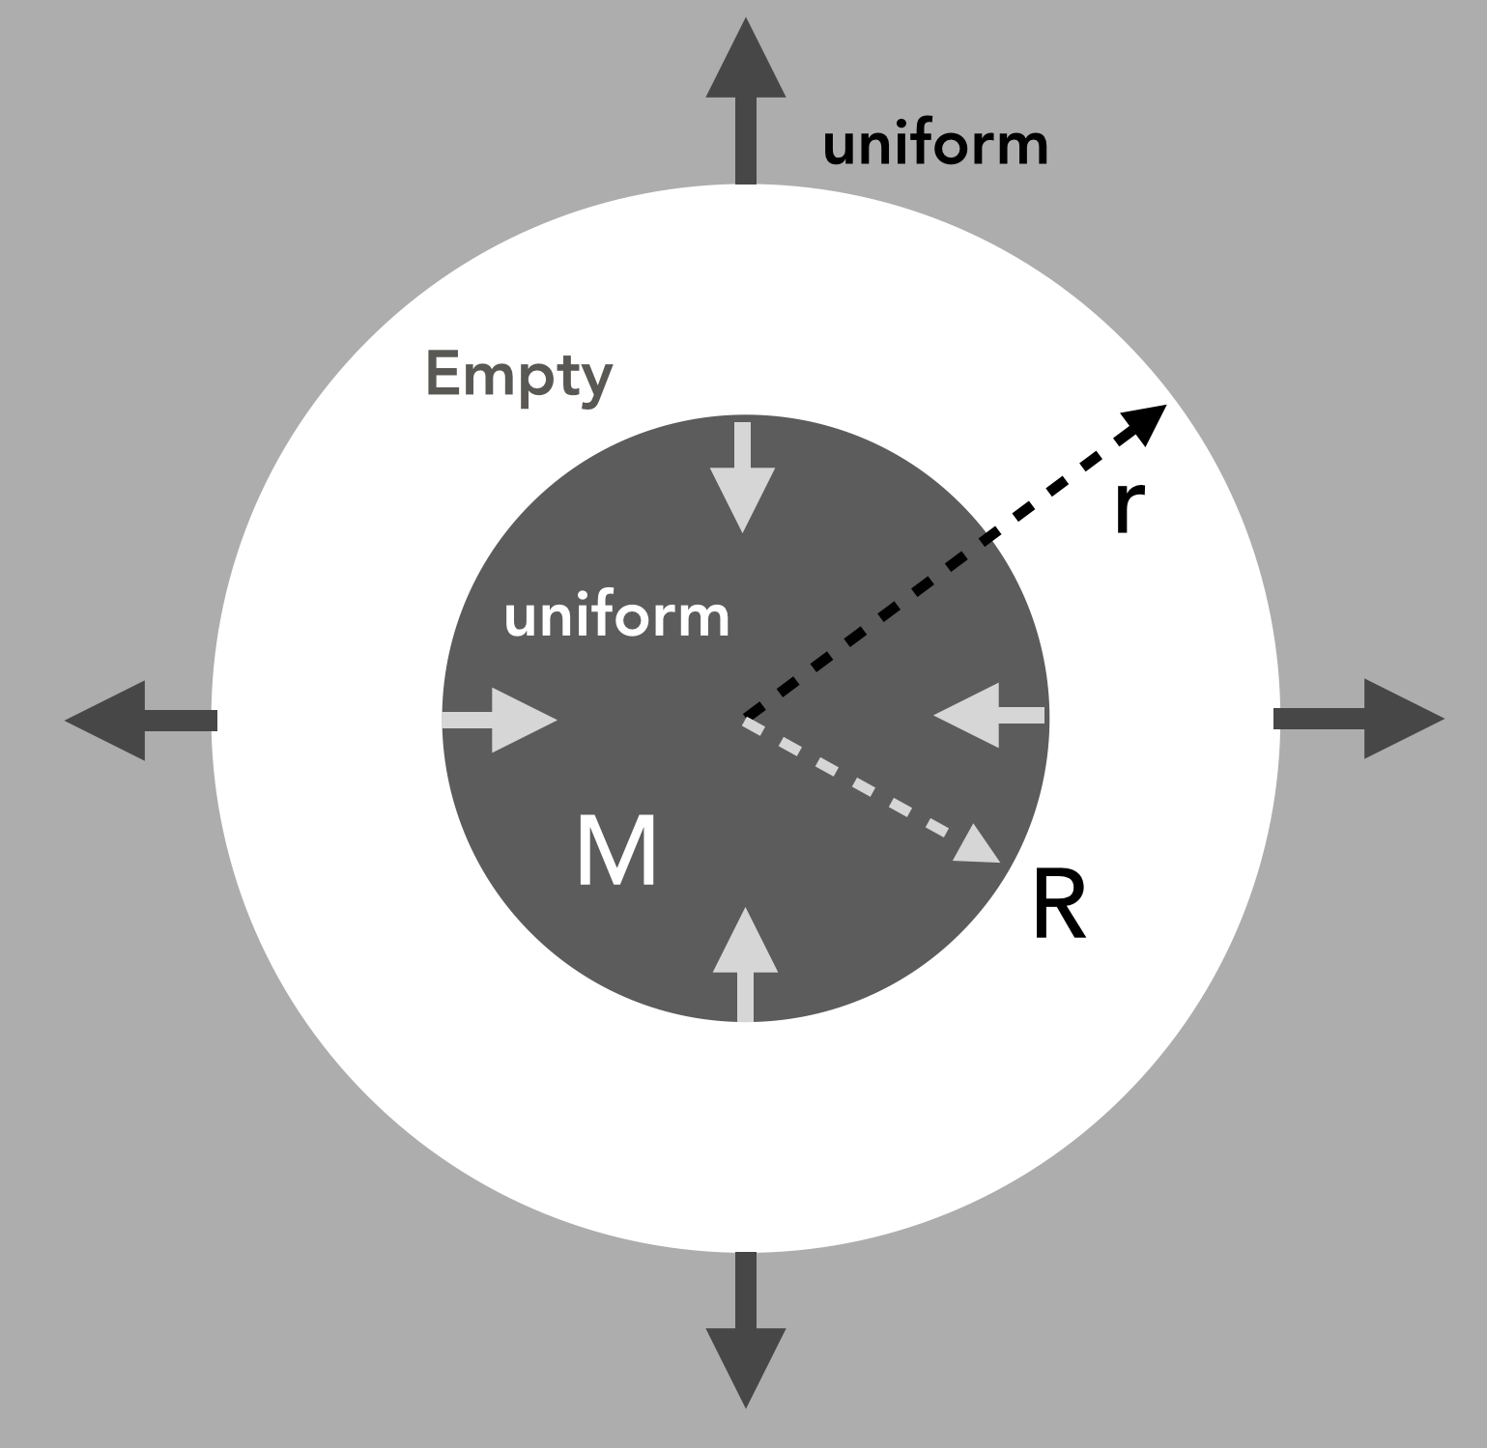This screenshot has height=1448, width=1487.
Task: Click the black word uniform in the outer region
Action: [x=934, y=145]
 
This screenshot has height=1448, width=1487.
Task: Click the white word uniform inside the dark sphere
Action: [x=616, y=616]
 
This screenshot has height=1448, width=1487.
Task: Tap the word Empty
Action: [x=519, y=376]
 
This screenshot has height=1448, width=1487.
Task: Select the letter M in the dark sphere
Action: [x=616, y=851]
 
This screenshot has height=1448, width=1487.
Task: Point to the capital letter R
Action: [x=1058, y=905]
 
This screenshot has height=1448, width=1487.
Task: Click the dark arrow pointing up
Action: [x=745, y=98]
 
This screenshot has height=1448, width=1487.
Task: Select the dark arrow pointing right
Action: [x=1362, y=719]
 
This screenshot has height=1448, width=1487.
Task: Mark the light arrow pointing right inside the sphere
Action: [x=501, y=720]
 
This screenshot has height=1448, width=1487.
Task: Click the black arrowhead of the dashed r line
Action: [x=1146, y=421]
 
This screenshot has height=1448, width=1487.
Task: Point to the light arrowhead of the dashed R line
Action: [x=978, y=844]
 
